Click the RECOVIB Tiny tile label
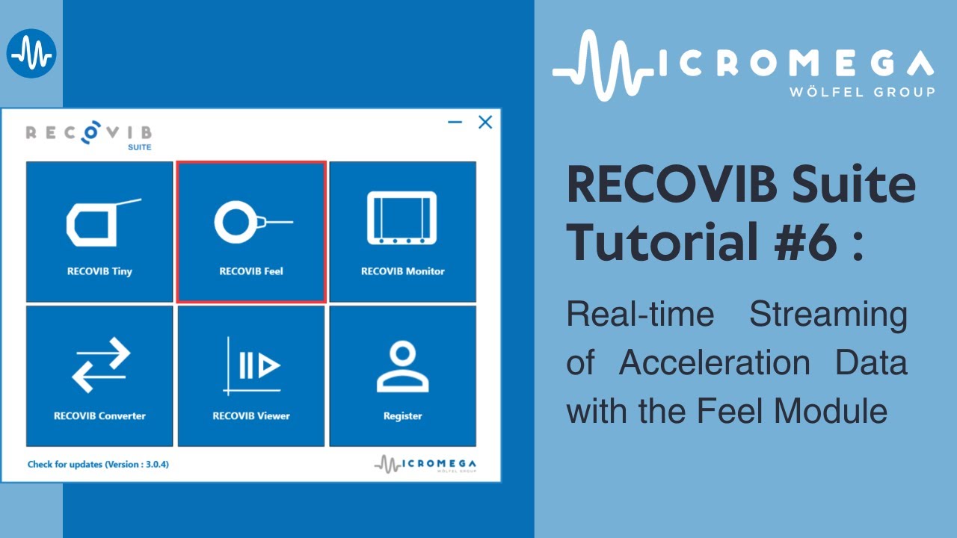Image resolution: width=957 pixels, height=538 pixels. (99, 271)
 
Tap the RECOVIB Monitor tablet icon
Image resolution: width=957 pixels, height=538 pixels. (402, 218)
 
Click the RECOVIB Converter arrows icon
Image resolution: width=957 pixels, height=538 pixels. (100, 365)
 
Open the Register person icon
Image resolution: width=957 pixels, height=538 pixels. (402, 366)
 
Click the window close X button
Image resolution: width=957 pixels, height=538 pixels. (485, 123)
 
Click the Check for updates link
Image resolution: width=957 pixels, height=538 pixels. (98, 464)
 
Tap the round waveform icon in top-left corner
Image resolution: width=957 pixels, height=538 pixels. (31, 53)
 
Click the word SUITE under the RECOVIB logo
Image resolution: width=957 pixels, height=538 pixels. (139, 147)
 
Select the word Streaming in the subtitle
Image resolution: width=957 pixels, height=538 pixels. (828, 315)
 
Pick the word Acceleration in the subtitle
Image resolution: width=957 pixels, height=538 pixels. (714, 363)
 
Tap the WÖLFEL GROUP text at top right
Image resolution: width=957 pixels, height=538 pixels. (861, 92)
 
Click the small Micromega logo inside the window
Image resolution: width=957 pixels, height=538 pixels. (425, 463)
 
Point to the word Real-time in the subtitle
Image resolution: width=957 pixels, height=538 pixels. (640, 315)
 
